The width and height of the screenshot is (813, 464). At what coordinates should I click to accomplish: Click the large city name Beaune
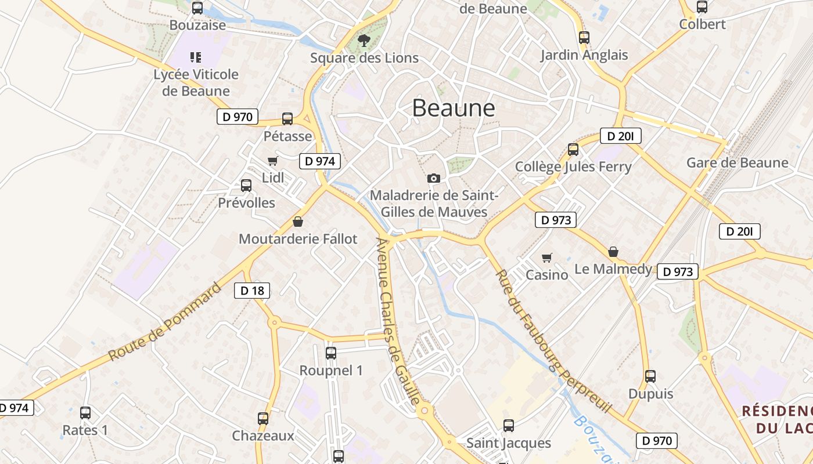454,108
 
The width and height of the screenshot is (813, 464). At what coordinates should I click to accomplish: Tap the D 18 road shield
252,291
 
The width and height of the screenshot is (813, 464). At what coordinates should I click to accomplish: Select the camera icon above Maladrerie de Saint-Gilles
433,178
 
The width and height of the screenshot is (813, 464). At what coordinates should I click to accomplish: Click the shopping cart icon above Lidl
272,161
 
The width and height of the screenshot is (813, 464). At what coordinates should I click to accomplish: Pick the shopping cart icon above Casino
546,257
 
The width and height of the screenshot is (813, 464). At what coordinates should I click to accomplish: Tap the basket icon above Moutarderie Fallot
298,222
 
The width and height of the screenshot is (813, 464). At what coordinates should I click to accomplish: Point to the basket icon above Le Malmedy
613,252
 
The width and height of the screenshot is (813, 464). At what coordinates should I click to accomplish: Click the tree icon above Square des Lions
364,41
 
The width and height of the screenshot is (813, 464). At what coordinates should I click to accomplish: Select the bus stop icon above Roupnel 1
331,353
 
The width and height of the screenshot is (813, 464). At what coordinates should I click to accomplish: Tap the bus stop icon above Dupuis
650,376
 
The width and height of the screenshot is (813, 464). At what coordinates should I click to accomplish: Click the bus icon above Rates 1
85,413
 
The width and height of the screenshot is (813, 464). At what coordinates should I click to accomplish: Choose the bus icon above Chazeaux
263,418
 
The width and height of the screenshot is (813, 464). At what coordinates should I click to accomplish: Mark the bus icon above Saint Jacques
509,426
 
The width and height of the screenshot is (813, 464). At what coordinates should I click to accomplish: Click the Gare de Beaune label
737,162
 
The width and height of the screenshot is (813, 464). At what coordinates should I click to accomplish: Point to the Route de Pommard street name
166,322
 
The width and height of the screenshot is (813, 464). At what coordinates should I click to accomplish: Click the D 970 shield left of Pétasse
237,117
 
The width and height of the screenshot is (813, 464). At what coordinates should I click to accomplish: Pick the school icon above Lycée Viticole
196,57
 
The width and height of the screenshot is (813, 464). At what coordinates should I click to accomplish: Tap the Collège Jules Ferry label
573,167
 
